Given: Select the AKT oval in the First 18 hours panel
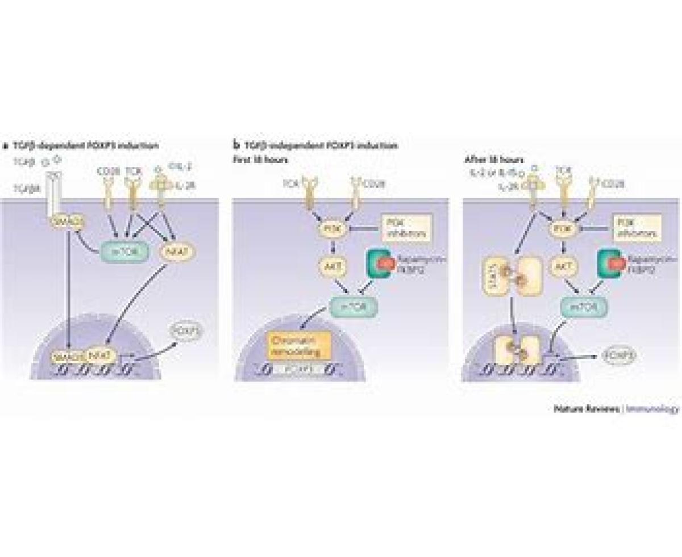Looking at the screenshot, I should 329,265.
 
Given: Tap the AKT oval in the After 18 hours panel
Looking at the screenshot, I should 563,265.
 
